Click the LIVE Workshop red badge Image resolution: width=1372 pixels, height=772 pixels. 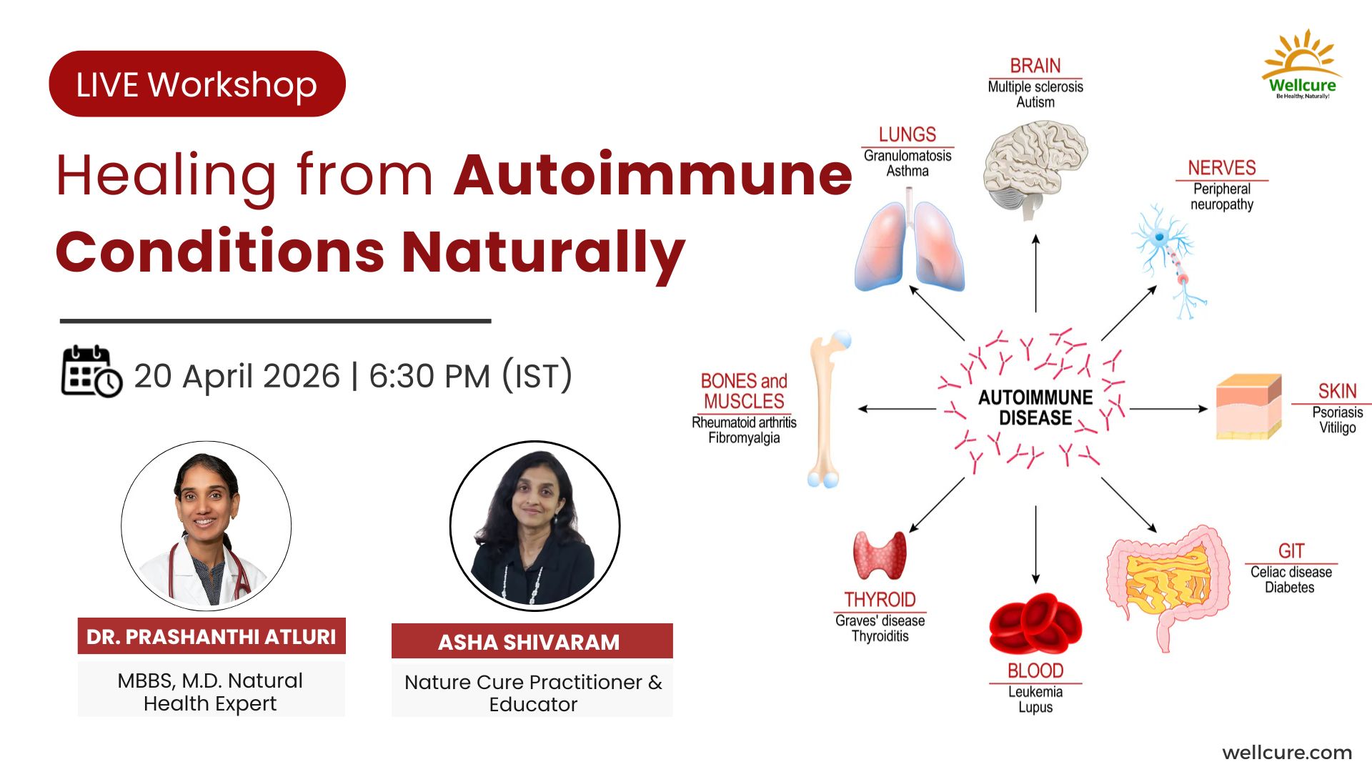click(x=197, y=84)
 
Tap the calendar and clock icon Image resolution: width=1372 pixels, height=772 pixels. click(x=91, y=371)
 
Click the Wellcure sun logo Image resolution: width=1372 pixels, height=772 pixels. click(x=1302, y=64)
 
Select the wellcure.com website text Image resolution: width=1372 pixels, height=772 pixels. click(x=1287, y=753)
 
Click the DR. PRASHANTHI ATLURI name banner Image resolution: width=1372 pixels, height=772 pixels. click(x=212, y=636)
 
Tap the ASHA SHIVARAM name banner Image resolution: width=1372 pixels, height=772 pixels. click(x=532, y=641)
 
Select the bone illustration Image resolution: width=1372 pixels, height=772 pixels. click(x=829, y=409)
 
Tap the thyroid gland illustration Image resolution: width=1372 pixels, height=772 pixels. click(x=880, y=555)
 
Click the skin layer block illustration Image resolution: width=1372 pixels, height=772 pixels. click(x=1248, y=406)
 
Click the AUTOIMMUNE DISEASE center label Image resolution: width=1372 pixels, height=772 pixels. click(x=1035, y=407)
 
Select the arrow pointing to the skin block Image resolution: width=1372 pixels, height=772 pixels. click(x=1169, y=409)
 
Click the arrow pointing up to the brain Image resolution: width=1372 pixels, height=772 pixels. click(x=1035, y=273)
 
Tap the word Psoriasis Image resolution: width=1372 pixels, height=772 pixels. click(x=1338, y=412)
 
